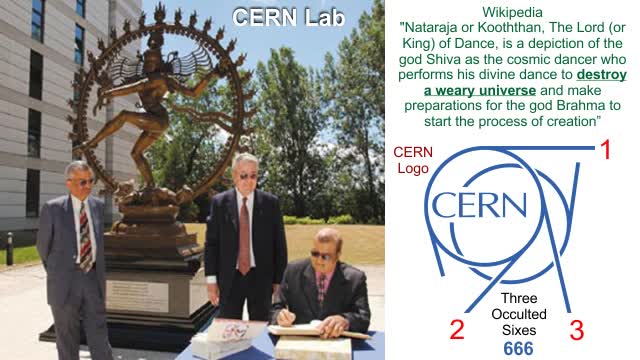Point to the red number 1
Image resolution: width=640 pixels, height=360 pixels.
604,152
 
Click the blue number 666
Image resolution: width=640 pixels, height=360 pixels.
518,348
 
